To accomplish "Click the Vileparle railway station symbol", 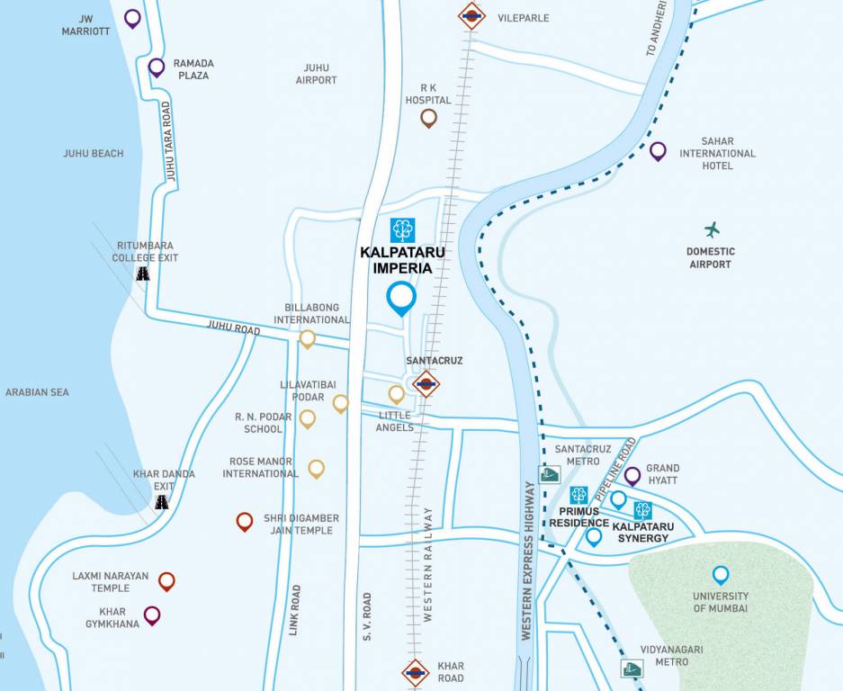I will (471, 14).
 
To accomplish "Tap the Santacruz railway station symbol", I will (426, 384).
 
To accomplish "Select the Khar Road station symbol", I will (415, 672).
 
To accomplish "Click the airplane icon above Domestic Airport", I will (713, 229).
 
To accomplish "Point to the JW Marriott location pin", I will (132, 17).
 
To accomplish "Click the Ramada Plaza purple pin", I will (157, 66).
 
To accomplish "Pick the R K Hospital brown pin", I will (428, 117).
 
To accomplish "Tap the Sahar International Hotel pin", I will (658, 150).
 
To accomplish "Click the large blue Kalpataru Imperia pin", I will (400, 297).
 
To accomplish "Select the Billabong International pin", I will (308, 338).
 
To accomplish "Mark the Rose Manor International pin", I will (316, 468).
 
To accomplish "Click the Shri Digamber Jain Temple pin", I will (244, 521).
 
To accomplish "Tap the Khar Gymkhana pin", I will (152, 615).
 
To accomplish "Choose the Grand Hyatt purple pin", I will (632, 475).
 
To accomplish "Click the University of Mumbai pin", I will (720, 574).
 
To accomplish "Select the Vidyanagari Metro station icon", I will (632, 669).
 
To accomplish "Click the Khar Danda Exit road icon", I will (162, 503).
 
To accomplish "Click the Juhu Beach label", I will (94, 154).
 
